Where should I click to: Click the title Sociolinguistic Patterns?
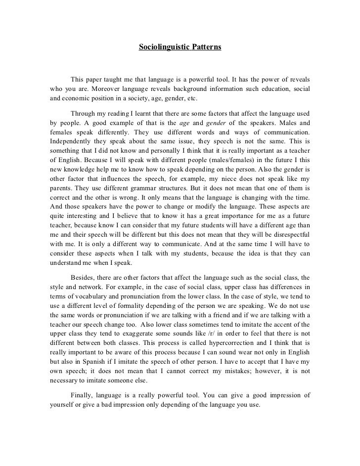180,48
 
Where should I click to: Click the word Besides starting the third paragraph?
85,277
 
